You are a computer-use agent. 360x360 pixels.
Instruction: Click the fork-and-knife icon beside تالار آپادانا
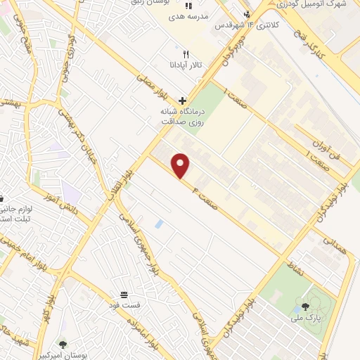[186, 53]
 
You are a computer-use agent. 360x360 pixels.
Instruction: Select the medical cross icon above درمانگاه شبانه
[183, 101]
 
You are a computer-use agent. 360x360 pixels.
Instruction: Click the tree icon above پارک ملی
[305, 307]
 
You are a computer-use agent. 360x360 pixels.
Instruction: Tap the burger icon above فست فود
[124, 293]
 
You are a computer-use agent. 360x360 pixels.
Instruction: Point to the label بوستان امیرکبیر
[84, 354]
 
